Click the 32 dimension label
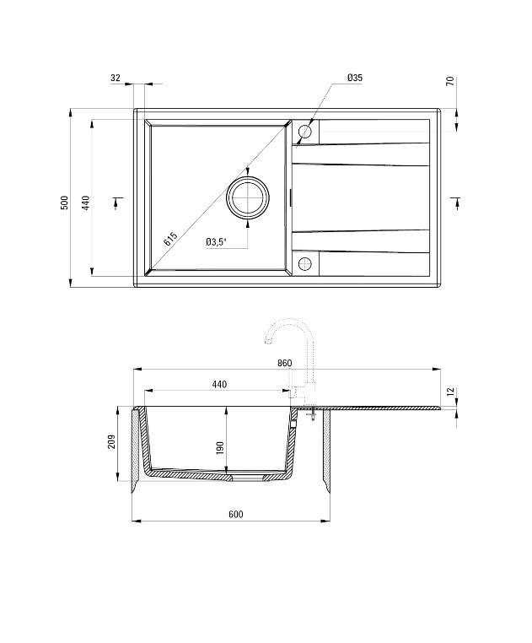coord(116,78)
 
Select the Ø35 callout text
coord(354,78)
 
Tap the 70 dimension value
coord(450,82)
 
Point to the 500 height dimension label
coord(64,203)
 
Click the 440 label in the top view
coord(85,203)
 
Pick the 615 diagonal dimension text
coord(171,239)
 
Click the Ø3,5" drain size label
coord(216,242)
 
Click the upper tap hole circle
coord(305,132)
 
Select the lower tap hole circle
coord(305,263)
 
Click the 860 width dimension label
coord(284,363)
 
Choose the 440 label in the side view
coord(219,385)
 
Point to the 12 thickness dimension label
coord(450,392)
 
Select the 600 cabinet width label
coord(235,515)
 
